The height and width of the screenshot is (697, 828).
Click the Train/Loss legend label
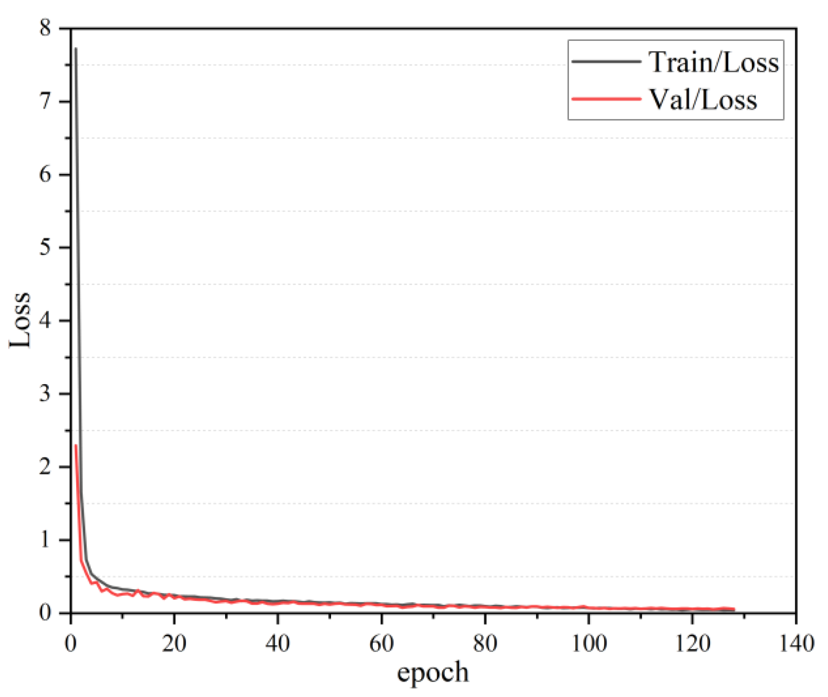pos(714,62)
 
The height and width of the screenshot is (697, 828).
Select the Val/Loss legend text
pos(703,100)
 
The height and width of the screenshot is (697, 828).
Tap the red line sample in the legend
pos(606,99)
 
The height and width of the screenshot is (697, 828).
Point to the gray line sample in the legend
pos(606,61)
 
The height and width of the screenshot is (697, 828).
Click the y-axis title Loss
pos(21,320)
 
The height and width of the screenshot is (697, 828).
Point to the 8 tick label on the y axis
pos(45,28)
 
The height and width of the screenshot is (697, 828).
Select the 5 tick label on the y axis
pos(45,247)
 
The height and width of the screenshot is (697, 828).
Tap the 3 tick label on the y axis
pos(45,393)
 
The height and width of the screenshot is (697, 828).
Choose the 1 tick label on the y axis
pos(45,540)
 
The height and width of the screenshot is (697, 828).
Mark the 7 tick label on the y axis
pos(45,101)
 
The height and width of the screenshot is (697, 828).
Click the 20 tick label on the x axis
pos(174,643)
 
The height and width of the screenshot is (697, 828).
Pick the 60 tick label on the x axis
pos(381,643)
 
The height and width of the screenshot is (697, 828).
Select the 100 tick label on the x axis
pos(589,643)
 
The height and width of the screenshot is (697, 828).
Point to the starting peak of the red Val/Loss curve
pos(76,446)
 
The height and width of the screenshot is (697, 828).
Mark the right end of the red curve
pos(734,609)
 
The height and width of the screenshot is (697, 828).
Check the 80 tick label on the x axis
pos(485,643)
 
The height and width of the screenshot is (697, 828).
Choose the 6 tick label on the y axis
pos(45,174)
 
